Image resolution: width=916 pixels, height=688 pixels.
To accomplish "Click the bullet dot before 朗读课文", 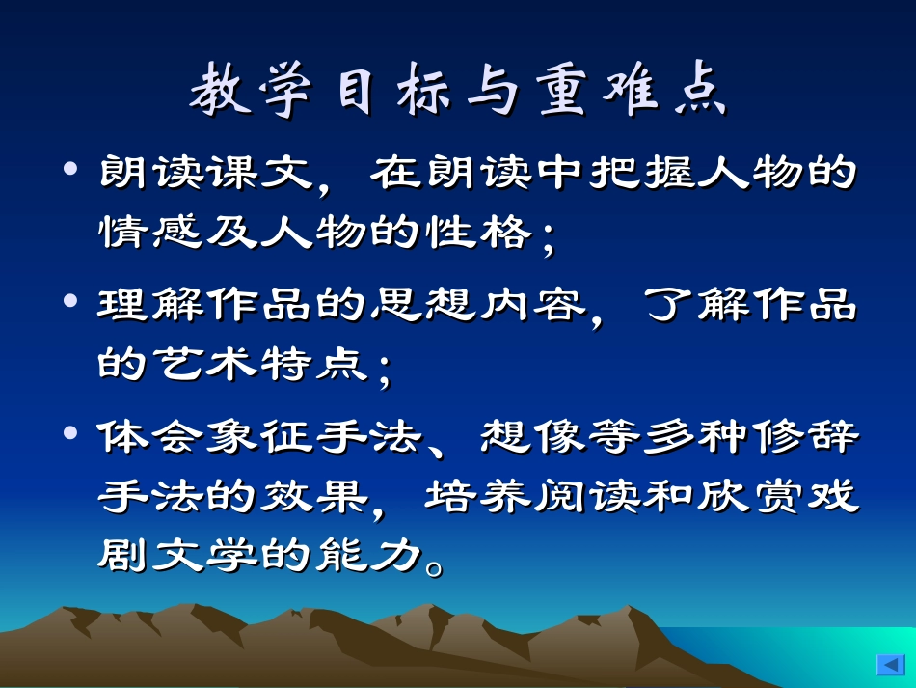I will [x=69, y=170].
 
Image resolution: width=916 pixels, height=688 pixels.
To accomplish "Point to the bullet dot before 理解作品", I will [x=69, y=302].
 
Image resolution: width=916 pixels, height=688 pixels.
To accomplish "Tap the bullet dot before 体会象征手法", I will [x=69, y=433].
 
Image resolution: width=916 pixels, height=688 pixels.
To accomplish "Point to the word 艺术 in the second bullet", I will [x=205, y=365].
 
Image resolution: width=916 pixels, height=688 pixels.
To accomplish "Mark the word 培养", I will [x=478, y=497].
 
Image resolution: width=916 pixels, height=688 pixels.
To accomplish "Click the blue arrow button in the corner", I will [x=888, y=664].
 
